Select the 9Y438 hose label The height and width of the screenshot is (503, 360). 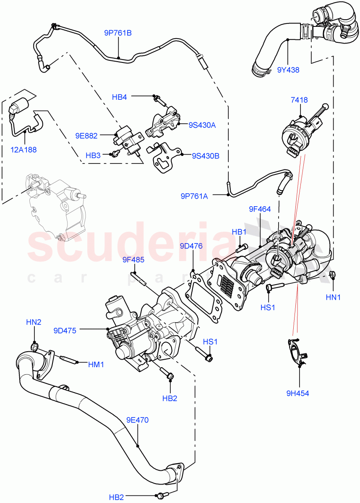pos(288,70)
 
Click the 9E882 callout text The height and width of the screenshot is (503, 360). pos(86,136)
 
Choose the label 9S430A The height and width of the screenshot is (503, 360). pos(202,124)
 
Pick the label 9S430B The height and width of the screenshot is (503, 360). pos(206,156)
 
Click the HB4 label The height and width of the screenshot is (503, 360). pos(119,97)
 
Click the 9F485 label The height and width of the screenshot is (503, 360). pos(133,260)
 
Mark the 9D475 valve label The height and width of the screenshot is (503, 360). pos(65,330)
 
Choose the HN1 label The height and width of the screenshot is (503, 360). pos(333,297)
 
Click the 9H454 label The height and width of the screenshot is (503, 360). pos(298,393)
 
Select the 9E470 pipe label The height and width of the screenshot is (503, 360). pos(137,420)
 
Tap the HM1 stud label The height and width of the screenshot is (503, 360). pos(96,365)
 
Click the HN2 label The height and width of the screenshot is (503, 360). pos(34,322)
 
